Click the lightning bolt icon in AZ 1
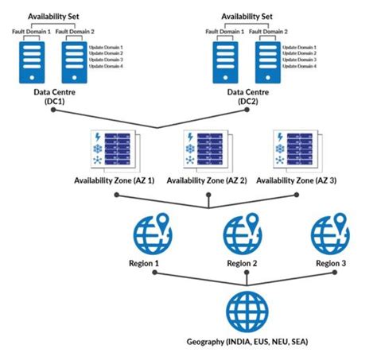tap(99, 136)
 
